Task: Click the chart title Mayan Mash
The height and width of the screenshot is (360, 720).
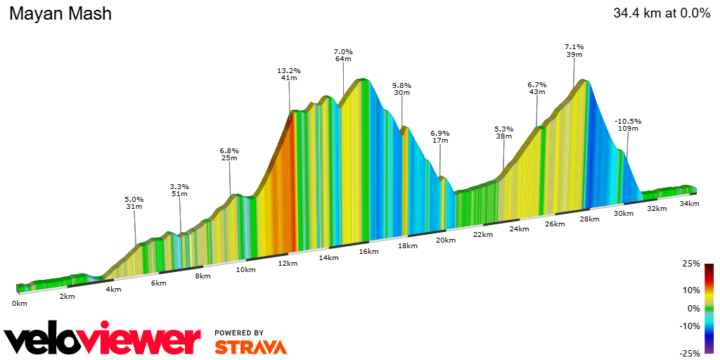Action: click(x=60, y=13)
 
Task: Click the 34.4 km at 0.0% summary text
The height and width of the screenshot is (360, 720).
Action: click(x=662, y=13)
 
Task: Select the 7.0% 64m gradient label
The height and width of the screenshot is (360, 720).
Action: click(x=343, y=56)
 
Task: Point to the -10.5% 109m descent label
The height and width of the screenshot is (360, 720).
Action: click(x=627, y=124)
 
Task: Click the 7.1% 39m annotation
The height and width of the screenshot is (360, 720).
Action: click(x=574, y=51)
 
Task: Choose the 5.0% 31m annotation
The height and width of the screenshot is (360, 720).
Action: click(x=134, y=202)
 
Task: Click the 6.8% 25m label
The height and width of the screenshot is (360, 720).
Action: click(x=230, y=154)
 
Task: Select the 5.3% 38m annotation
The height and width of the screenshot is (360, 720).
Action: click(x=503, y=132)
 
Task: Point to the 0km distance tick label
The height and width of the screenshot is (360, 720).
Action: click(x=20, y=304)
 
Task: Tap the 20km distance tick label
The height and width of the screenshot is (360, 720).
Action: click(x=445, y=240)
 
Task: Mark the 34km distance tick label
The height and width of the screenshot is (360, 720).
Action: click(x=689, y=204)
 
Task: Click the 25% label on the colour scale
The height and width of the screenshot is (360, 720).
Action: click(x=691, y=264)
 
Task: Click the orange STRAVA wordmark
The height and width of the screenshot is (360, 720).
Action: click(x=250, y=347)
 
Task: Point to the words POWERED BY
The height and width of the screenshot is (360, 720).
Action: click(x=239, y=333)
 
